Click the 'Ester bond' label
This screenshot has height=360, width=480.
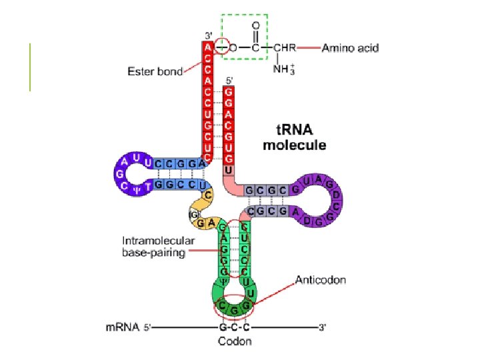click(x=155, y=72)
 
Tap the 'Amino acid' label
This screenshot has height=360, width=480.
click(x=350, y=48)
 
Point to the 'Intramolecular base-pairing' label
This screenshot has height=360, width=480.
click(x=158, y=247)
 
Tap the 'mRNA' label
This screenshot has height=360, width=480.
click(x=122, y=327)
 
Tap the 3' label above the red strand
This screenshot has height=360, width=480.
click(x=207, y=35)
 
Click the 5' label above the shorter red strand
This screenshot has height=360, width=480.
click(x=230, y=81)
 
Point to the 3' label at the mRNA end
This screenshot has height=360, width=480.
click(x=322, y=327)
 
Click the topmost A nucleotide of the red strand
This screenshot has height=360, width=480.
click(x=208, y=47)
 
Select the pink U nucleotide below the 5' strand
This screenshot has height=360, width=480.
click(x=229, y=171)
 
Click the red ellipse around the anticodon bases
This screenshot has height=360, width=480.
click(x=233, y=307)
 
